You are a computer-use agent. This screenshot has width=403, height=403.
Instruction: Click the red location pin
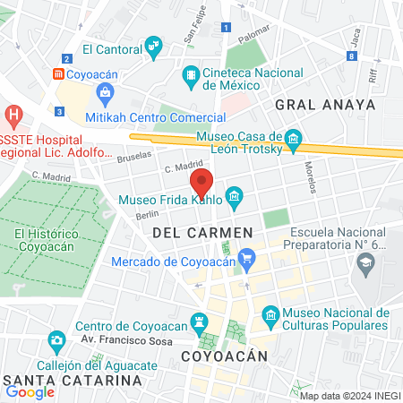[x=202, y=182]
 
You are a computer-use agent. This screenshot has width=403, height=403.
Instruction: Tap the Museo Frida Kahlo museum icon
[x=234, y=195]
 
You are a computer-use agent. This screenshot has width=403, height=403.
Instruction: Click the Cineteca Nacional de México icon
[x=191, y=77]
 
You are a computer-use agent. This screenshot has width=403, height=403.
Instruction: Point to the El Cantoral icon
[x=154, y=45]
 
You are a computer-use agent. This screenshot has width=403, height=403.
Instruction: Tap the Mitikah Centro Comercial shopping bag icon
[x=105, y=92]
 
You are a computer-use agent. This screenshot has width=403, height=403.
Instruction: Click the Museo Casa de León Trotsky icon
[x=293, y=138]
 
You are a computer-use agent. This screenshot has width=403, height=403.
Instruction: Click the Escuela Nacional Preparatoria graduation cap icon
[x=364, y=263]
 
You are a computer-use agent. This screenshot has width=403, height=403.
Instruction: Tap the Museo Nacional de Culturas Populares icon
[x=270, y=315]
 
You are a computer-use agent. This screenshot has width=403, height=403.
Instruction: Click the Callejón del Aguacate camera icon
[x=56, y=340]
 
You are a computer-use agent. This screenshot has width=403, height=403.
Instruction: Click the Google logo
[x=30, y=390]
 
